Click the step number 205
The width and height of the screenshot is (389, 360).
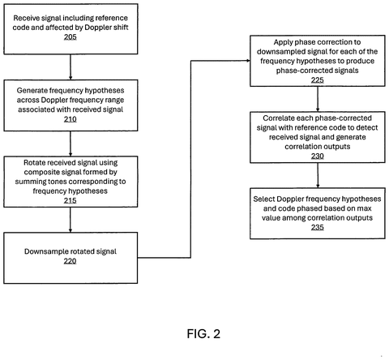pyautogui.click(x=71, y=36)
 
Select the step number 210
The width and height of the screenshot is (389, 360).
pyautogui.click(x=71, y=119)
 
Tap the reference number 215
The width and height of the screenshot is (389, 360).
pyautogui.click(x=71, y=200)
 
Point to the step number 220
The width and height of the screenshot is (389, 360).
pyautogui.click(x=70, y=261)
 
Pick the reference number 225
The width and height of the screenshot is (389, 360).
pyautogui.click(x=318, y=80)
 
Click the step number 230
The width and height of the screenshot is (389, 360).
pyautogui.click(x=318, y=156)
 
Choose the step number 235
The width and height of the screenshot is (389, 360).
pyautogui.click(x=318, y=227)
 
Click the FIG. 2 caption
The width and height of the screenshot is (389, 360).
pyautogui.click(x=203, y=334)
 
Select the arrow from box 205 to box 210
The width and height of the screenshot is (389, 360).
pyautogui.click(x=71, y=67)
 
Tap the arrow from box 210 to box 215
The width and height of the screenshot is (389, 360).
pyautogui.click(x=71, y=144)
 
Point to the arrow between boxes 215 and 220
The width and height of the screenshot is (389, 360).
pyautogui.click(x=71, y=220)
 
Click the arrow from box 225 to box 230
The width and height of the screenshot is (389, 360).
pyautogui.click(x=318, y=99)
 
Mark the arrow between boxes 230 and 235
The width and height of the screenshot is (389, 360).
pyautogui.click(x=318, y=175)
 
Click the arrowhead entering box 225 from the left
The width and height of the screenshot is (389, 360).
pyautogui.click(x=248, y=61)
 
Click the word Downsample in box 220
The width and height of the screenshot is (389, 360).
pyautogui.click(x=41, y=251)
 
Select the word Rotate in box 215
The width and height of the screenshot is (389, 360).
pyautogui.click(x=32, y=162)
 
